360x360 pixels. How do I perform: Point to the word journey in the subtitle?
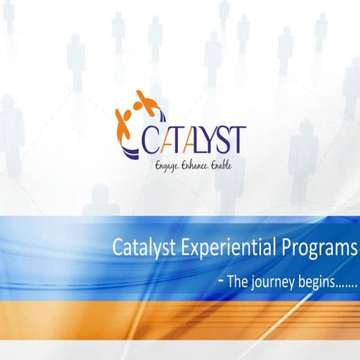271,284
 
